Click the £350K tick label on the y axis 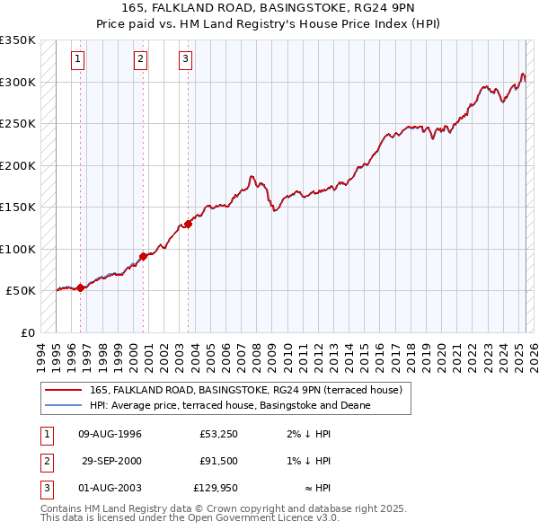18,40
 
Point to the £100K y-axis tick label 18,249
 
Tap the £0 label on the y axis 27,332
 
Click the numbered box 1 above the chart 78,60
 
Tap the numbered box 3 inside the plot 185,60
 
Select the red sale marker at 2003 188,224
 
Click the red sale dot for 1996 80,287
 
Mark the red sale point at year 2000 144,256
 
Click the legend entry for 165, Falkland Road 251,390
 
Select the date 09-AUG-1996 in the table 110,434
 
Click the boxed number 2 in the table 45,461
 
